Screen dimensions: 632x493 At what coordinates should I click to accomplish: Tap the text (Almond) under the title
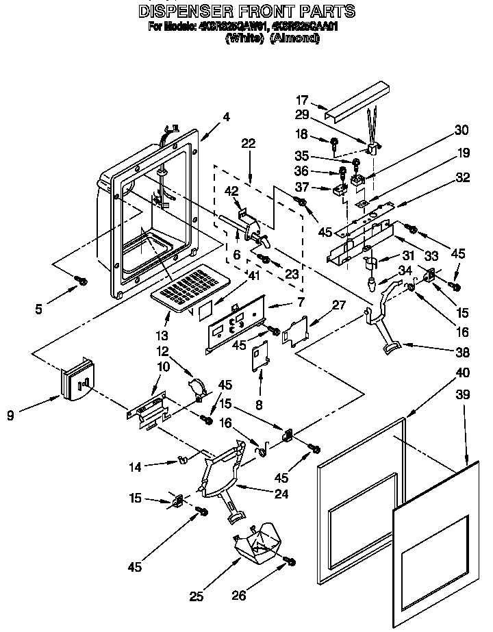[x=295, y=38]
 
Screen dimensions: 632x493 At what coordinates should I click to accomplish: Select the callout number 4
[x=226, y=116]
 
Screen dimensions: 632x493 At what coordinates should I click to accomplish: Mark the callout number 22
[x=248, y=143]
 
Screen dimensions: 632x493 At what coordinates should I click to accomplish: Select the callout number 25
[x=197, y=596]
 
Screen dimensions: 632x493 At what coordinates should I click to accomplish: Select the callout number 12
[x=162, y=351]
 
